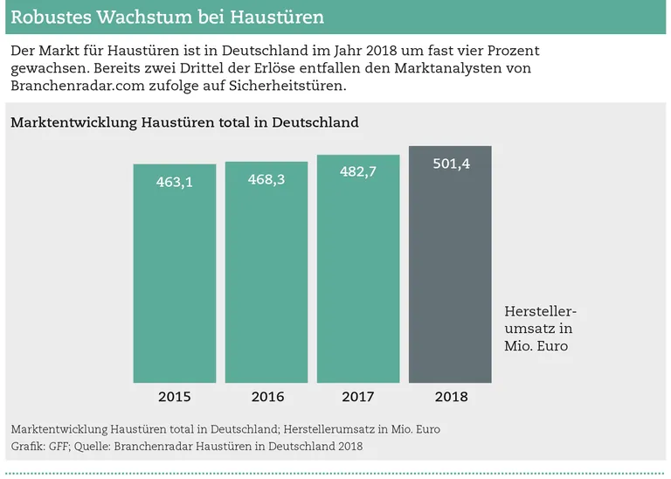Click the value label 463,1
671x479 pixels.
point(175,182)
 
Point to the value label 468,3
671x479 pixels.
point(266,179)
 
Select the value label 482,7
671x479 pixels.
point(358,172)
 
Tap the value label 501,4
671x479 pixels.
point(451,163)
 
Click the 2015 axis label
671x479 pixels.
point(175,397)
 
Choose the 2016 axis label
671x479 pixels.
point(267,397)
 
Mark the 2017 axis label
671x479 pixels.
point(358,397)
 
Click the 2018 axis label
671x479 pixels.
point(451,397)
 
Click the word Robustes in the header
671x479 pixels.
point(47,17)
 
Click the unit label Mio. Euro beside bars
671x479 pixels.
point(536,346)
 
